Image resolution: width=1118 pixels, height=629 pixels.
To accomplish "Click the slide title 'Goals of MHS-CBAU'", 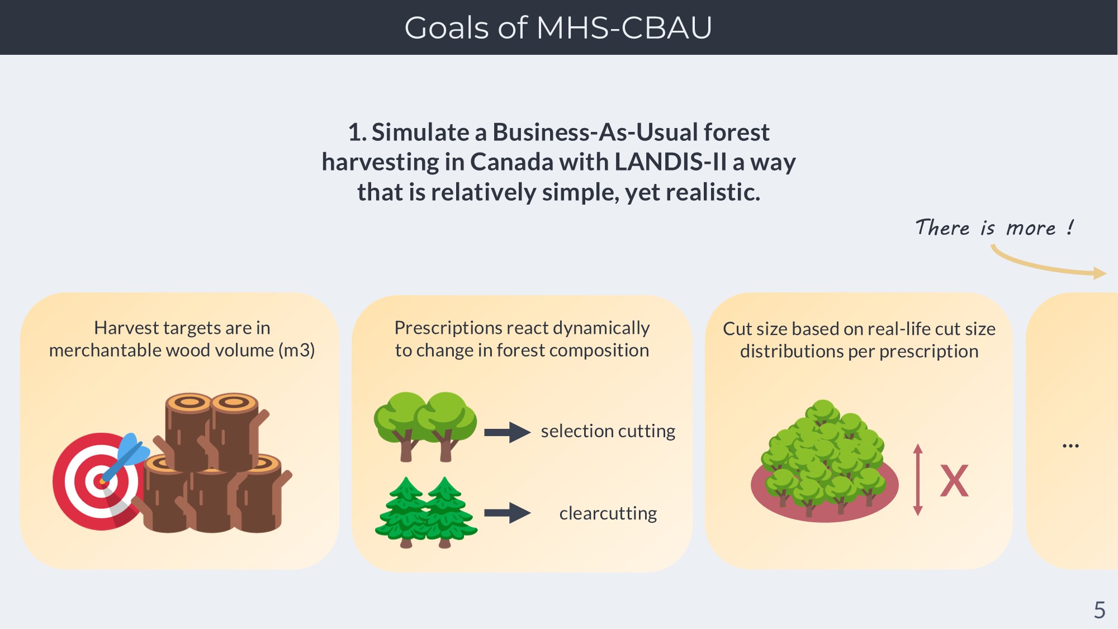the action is coord(558,27).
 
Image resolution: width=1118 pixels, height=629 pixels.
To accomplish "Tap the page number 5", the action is coord(1100,609).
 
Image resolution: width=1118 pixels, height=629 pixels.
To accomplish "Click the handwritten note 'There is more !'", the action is coord(994,228).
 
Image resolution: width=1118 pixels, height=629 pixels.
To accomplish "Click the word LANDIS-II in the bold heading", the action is coord(670,162).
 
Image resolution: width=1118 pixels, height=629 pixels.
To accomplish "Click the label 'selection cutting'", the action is coord(608,431).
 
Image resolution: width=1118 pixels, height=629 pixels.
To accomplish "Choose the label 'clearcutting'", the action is coord(608,513).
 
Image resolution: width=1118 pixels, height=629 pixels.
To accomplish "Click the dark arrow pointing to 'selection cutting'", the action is coord(507,432).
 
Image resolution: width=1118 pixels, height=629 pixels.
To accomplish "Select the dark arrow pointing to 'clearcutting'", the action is coord(507,513).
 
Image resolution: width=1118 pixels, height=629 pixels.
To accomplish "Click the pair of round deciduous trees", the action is coord(425,426).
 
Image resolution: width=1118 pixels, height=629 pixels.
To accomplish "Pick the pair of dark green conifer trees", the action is coord(426,513).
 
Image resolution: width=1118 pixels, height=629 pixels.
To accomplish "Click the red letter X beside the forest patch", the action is coord(954,481).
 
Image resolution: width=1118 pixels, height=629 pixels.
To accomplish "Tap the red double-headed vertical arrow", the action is coord(917,480).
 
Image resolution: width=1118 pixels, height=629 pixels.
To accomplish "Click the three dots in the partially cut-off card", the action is coord(1070,446).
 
